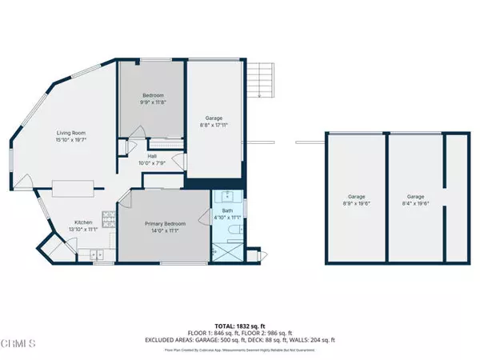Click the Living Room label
[71, 133]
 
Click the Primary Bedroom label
[165, 223]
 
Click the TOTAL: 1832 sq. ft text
[239, 326]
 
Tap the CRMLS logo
[19, 344]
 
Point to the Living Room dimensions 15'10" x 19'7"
[71, 141]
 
